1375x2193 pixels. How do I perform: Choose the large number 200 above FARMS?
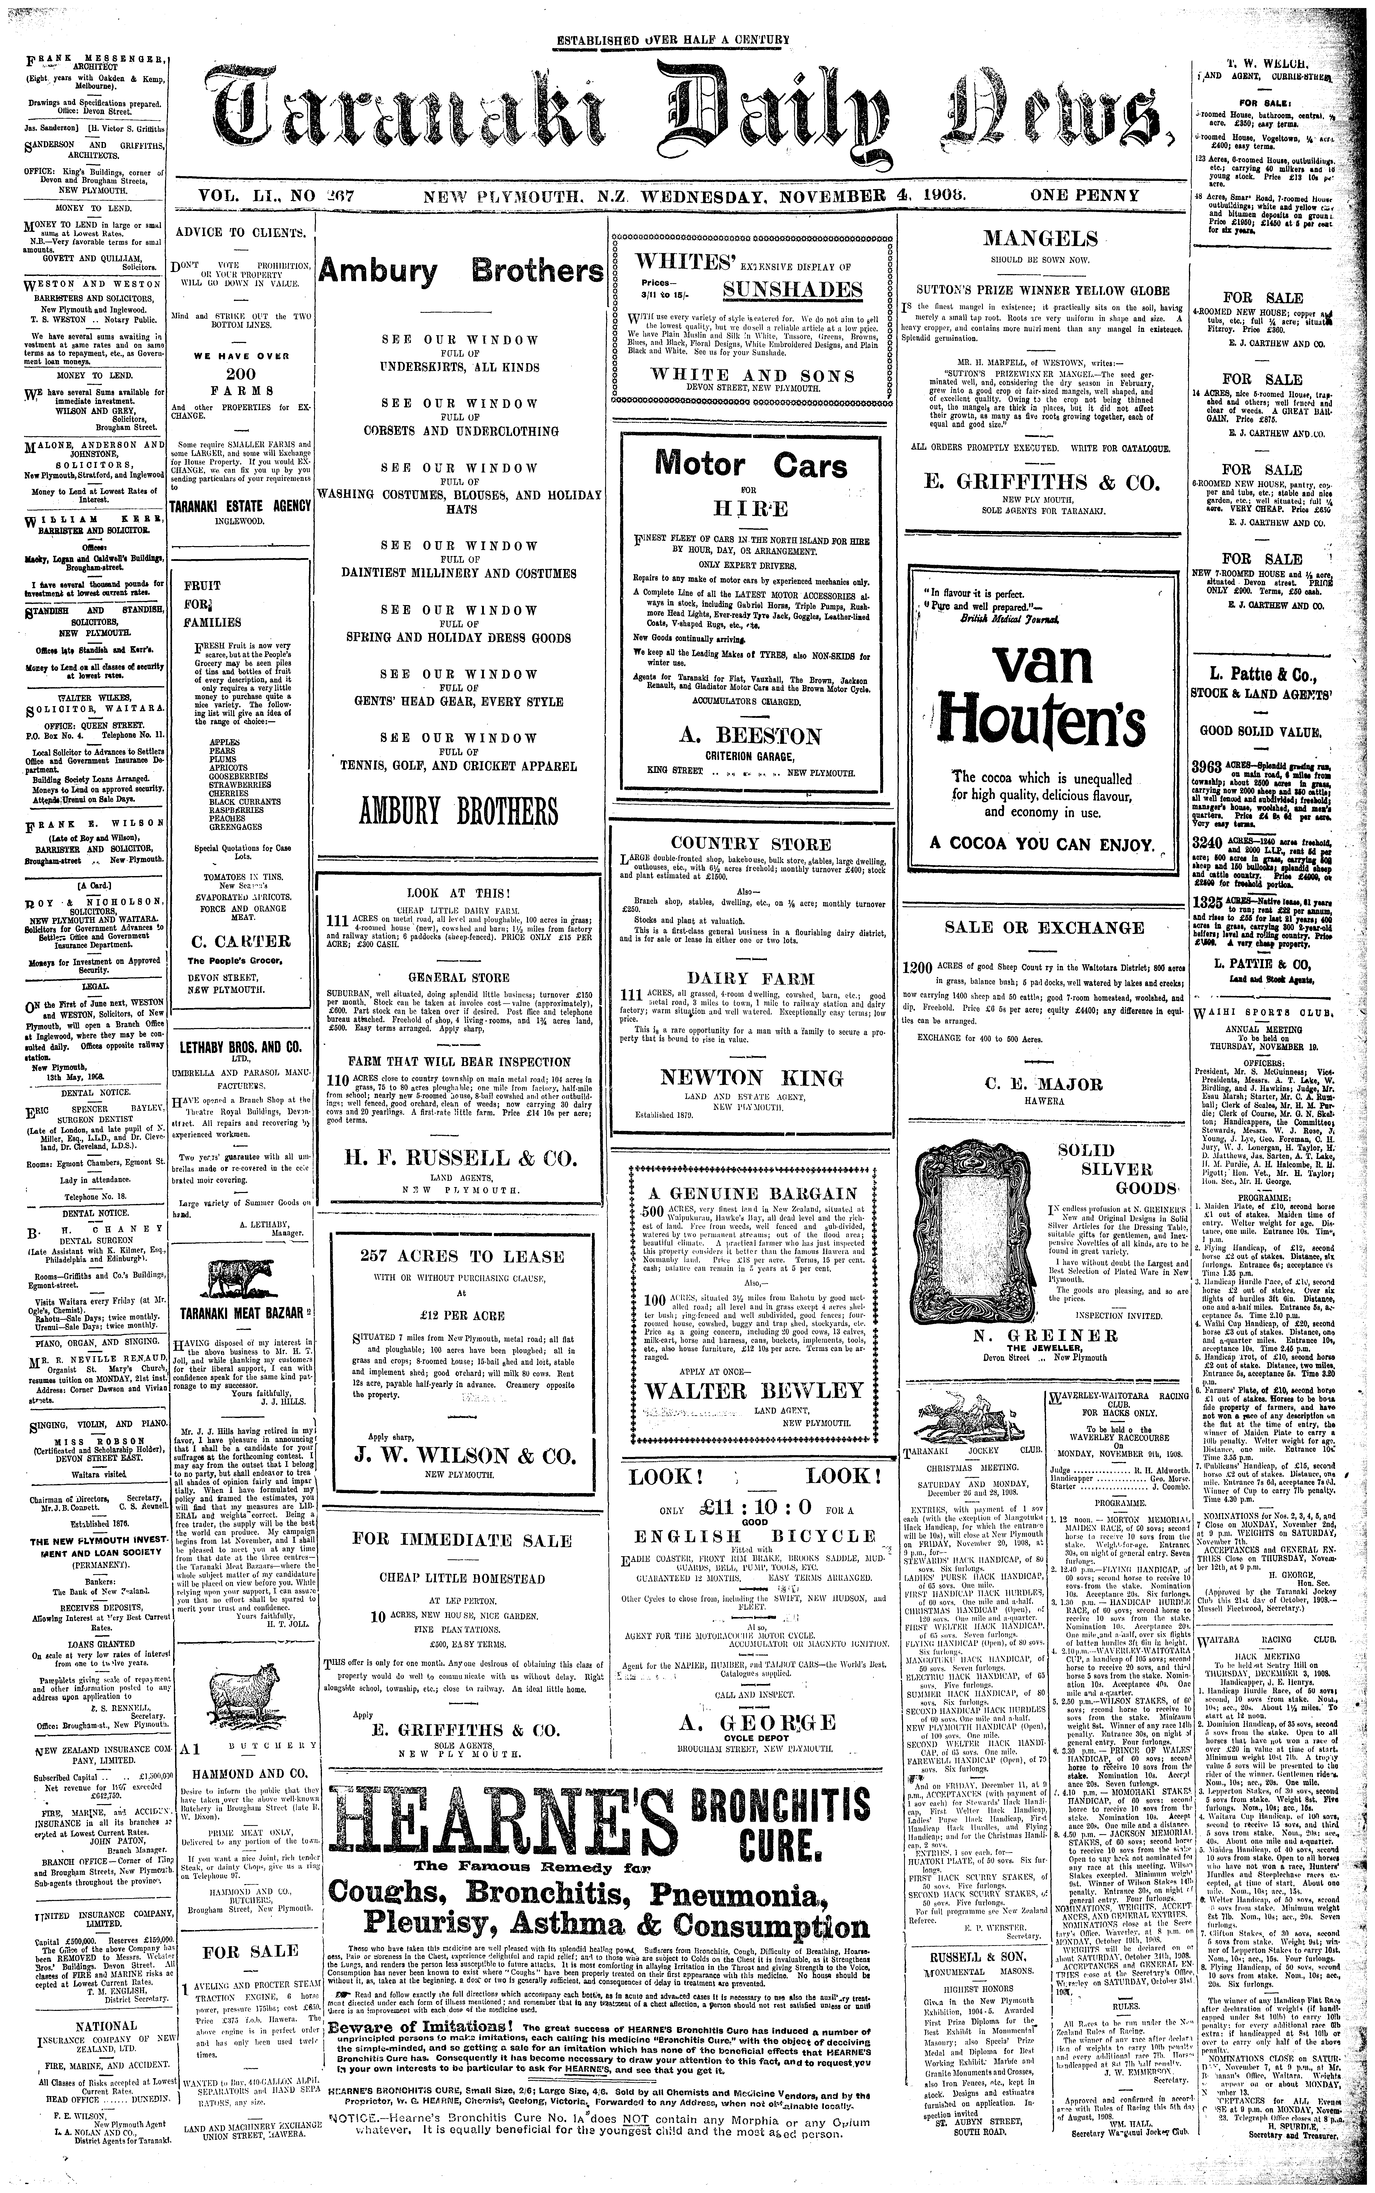point(241,374)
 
